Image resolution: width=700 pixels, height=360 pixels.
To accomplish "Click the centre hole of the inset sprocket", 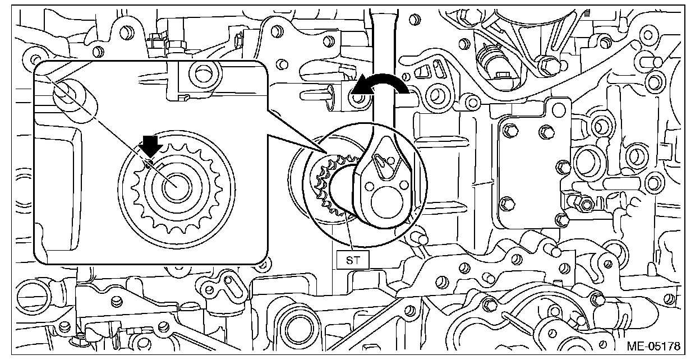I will (174, 187).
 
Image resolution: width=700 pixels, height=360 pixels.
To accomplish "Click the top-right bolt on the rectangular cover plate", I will (545, 132).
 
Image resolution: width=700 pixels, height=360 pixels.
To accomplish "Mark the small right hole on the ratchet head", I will (402, 184).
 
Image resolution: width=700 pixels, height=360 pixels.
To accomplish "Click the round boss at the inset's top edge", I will (200, 73).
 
